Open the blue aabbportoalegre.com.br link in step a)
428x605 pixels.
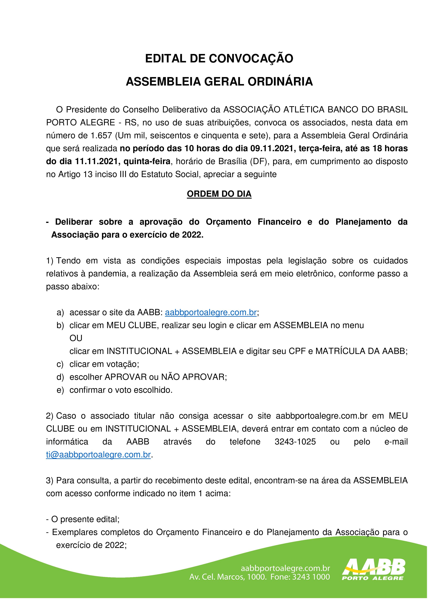click(x=211, y=313)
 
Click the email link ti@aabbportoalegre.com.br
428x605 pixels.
click(x=98, y=455)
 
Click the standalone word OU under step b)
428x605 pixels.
click(x=76, y=338)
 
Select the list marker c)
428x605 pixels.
click(x=60, y=364)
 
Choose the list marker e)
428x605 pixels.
click(x=60, y=390)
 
